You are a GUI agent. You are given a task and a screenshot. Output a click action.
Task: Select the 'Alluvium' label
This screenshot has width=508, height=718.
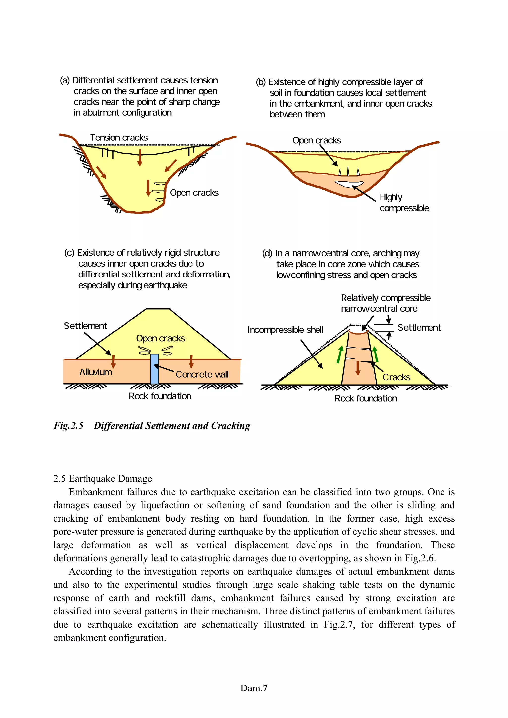[95, 372]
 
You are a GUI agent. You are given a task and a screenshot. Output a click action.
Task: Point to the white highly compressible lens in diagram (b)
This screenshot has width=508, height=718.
[349, 184]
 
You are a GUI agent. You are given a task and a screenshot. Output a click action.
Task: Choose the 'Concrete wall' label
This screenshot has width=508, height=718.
[202, 374]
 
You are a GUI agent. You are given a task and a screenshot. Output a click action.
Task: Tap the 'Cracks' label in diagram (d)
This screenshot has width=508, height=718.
[396, 377]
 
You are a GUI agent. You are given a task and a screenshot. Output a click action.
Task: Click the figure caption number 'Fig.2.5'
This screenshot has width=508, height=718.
[68, 426]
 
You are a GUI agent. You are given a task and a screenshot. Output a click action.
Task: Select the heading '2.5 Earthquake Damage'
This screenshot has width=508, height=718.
[102, 478]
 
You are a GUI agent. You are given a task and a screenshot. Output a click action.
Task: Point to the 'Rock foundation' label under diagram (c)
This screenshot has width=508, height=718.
[160, 396]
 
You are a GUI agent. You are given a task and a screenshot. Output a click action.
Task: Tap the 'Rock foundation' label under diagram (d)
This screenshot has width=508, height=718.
[366, 398]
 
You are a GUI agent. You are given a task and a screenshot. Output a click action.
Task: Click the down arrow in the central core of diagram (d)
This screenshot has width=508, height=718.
[358, 368]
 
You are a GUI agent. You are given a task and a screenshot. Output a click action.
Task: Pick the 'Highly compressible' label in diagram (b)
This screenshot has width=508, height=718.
[404, 203]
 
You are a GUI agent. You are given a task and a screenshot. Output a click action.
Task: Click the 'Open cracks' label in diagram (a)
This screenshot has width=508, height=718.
[194, 193]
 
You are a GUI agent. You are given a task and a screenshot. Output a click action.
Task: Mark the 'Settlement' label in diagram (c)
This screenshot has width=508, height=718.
[85, 326]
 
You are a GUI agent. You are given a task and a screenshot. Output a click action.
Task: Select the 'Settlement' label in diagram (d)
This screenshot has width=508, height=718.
[419, 328]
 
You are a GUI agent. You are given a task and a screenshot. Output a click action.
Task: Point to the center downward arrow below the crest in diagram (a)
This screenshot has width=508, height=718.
[140, 158]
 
